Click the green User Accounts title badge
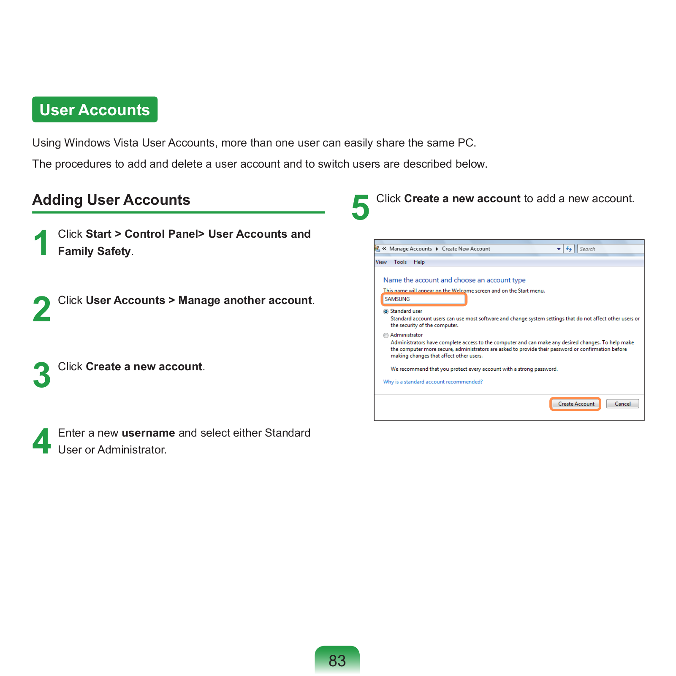[95, 110]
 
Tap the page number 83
[337, 660]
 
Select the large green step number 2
[41, 309]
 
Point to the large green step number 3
[41, 375]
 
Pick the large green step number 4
[41, 441]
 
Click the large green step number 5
[360, 207]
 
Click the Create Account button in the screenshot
[576, 404]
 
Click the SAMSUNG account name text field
[424, 299]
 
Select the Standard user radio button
[386, 312]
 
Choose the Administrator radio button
[386, 336]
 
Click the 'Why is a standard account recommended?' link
[433, 382]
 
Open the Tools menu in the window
[400, 262]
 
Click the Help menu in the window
[419, 262]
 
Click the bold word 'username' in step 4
[148, 433]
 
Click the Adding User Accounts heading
[111, 200]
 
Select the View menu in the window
[381, 262]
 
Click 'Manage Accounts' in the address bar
[410, 249]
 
